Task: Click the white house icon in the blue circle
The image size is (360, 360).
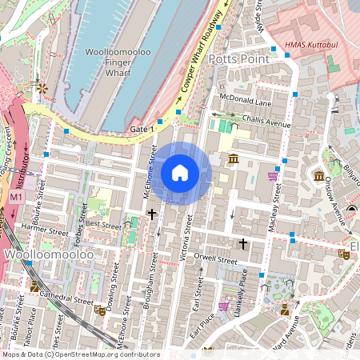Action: [180, 172]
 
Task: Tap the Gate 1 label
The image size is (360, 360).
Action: [140, 129]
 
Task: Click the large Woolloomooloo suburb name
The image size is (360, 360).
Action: [50, 254]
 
